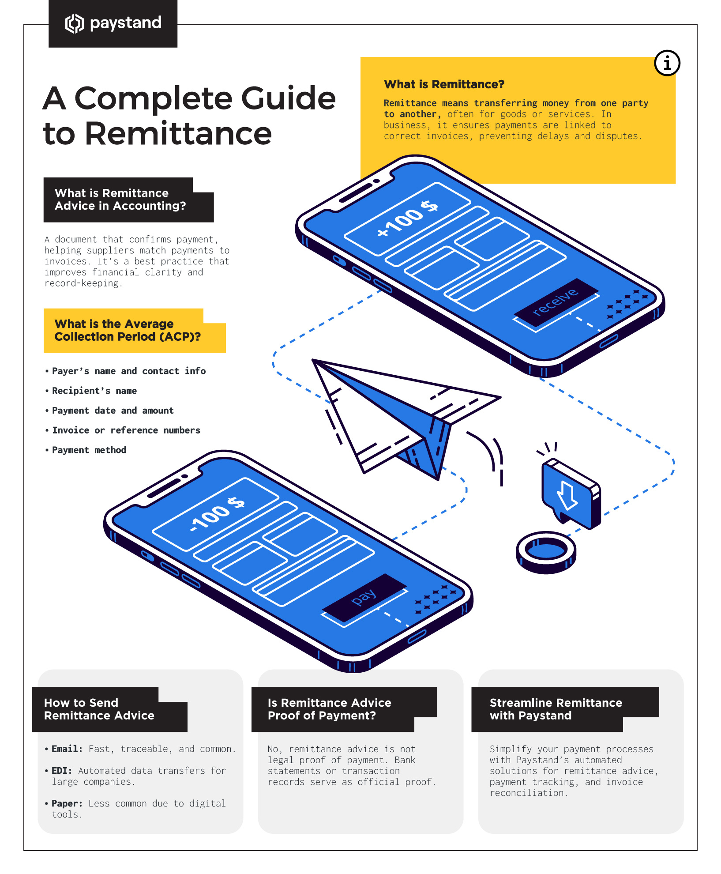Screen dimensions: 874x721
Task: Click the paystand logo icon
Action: (74, 23)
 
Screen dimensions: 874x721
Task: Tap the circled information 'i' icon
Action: (667, 63)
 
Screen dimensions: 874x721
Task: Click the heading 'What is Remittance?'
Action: (444, 84)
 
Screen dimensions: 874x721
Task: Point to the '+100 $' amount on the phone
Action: (407, 218)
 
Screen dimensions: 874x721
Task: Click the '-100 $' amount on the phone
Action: (217, 514)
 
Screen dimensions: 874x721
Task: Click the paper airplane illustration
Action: (397, 415)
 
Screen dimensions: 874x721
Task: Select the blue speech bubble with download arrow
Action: (570, 494)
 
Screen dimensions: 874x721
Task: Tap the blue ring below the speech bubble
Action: (546, 552)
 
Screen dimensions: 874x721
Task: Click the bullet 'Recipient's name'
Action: (94, 391)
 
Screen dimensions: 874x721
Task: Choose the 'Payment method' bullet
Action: (89, 450)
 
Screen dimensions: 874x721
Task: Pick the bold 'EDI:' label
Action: (62, 771)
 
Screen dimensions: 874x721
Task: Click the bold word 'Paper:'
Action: (67, 803)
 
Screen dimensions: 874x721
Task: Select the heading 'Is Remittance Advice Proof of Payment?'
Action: (329, 709)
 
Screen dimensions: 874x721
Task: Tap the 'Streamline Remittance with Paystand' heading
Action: (556, 709)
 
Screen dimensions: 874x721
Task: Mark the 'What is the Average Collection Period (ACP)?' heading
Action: (127, 330)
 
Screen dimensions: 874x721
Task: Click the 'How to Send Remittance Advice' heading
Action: (99, 709)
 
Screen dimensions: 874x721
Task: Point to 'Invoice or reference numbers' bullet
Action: (126, 430)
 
